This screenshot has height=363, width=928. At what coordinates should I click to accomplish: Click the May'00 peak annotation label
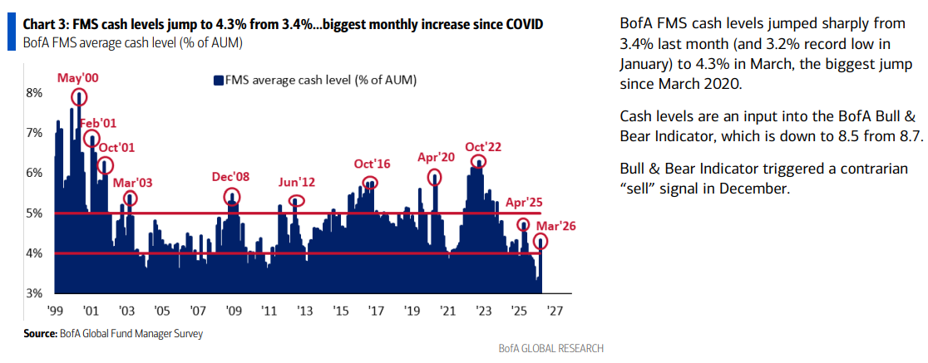tap(77, 77)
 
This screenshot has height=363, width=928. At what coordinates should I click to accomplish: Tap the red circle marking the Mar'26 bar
tap(541, 242)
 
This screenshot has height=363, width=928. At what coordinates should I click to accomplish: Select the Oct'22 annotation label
tap(483, 146)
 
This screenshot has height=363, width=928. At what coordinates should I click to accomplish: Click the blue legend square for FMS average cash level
tap(220, 81)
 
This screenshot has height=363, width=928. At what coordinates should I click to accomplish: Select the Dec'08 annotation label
tap(232, 177)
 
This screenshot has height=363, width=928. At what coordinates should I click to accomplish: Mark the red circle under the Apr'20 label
tap(434, 178)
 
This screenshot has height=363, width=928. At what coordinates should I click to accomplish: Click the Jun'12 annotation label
tap(297, 182)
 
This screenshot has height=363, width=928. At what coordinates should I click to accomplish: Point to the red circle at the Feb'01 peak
tap(91, 138)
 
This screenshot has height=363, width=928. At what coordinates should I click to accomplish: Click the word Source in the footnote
tap(39, 334)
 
